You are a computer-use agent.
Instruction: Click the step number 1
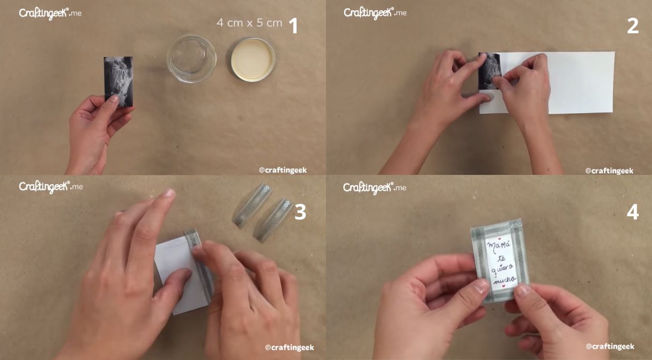click(293, 26)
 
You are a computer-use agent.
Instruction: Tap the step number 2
click(633, 26)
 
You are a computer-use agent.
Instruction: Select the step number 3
click(300, 212)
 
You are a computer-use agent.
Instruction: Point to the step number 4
click(633, 212)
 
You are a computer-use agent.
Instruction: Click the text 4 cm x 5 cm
click(249, 23)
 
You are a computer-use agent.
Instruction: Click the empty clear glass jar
click(191, 58)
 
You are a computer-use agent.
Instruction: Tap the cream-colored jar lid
click(253, 60)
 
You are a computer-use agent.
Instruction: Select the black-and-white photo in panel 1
click(118, 82)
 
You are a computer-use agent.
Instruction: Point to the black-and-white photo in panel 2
click(490, 71)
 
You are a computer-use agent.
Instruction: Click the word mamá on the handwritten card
click(498, 246)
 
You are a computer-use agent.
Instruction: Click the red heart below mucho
click(503, 286)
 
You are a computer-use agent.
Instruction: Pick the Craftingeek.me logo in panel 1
click(50, 13)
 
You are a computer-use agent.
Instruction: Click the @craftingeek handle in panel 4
click(610, 346)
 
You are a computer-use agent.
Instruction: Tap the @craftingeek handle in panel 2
click(609, 171)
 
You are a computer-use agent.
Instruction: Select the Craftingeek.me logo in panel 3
click(50, 187)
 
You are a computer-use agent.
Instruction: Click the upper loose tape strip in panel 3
click(253, 205)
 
